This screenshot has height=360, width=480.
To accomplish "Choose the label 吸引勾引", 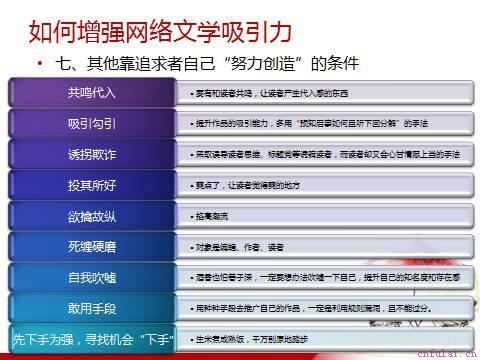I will point(91,124).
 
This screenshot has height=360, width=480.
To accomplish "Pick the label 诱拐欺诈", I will point(91,154).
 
